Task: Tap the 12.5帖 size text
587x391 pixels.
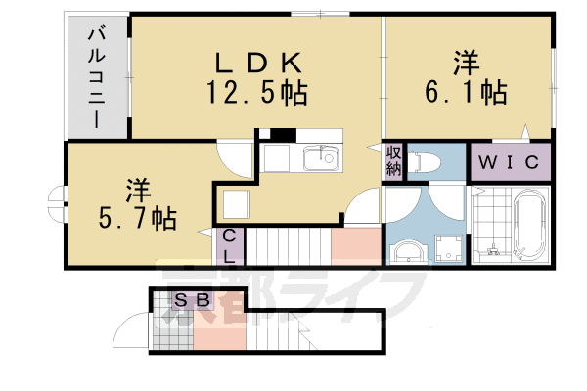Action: pyautogui.click(x=256, y=94)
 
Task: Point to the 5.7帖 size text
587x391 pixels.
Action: pyautogui.click(x=137, y=218)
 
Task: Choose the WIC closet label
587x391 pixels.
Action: pyautogui.click(x=511, y=162)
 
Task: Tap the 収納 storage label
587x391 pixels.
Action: pyautogui.click(x=393, y=161)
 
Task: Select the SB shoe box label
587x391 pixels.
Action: pyautogui.click(x=193, y=301)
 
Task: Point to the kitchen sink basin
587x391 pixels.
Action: pyautogui.click(x=319, y=158)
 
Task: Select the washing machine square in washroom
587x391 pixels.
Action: pyautogui.click(x=451, y=249)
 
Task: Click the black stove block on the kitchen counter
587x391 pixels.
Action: pyautogui.click(x=283, y=135)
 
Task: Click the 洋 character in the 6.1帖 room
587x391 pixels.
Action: pyautogui.click(x=467, y=65)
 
